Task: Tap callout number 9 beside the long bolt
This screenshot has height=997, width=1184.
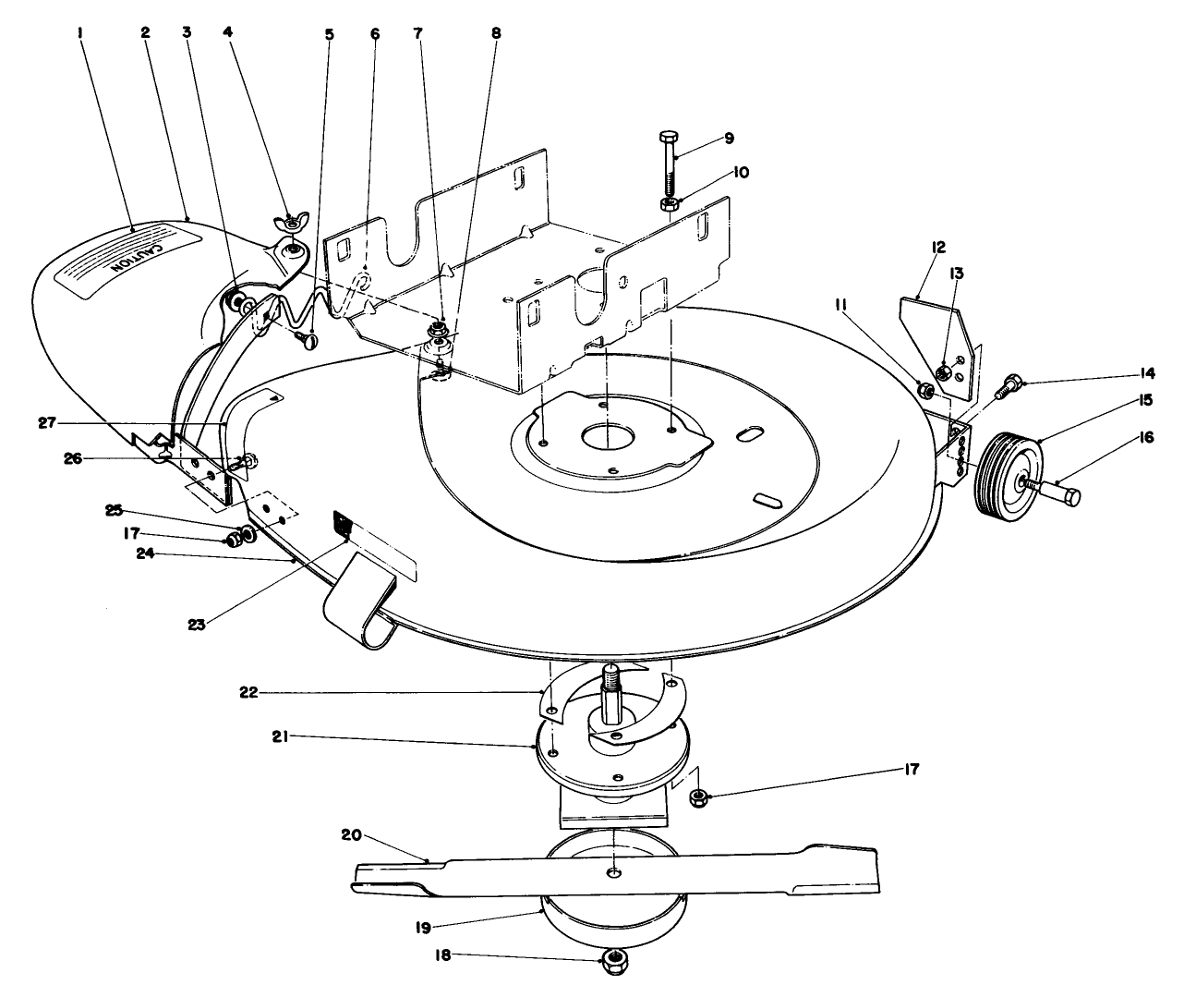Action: click(729, 138)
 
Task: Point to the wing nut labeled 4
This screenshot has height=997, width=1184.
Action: click(291, 223)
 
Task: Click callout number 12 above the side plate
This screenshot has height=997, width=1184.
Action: click(937, 247)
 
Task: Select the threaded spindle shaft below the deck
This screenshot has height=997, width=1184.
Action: click(610, 693)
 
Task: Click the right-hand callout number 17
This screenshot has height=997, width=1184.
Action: click(912, 769)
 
